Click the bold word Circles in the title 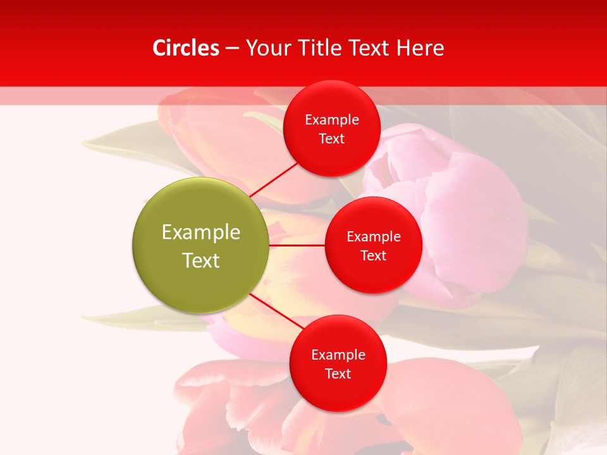(186, 48)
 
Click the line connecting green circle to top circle (274, 179)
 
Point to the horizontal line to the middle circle (297, 245)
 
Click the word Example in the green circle (201, 233)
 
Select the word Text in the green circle (201, 260)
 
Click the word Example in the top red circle (332, 120)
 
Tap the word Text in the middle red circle (373, 256)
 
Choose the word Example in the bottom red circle (338, 355)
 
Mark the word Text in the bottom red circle (338, 374)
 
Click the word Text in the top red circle (331, 139)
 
